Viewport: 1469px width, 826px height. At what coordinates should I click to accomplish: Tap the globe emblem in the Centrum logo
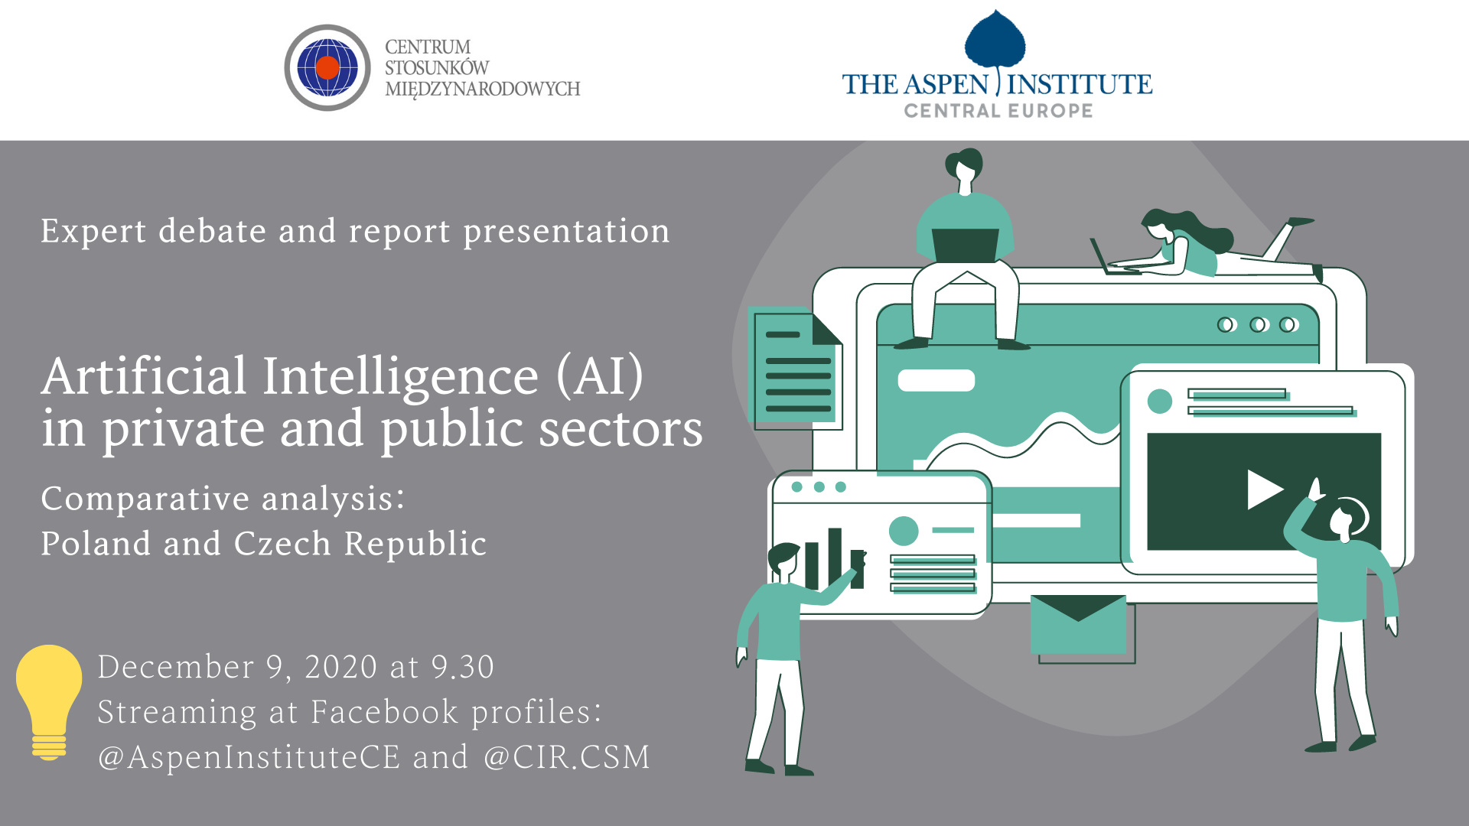[327, 67]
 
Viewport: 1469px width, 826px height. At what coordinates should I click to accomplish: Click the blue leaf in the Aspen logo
[995, 42]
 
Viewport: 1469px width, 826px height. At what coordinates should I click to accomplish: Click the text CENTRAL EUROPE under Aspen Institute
[998, 111]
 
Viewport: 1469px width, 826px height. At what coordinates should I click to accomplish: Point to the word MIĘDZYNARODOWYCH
[483, 89]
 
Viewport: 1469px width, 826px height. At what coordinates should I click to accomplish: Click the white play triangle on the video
[1265, 489]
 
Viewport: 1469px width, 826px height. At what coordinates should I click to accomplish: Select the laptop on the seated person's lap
[966, 245]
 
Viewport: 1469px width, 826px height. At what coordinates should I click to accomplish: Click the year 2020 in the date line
[341, 667]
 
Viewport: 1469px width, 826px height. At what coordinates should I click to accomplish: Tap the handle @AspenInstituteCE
[249, 758]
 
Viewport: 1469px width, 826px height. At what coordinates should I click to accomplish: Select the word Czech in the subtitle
[282, 544]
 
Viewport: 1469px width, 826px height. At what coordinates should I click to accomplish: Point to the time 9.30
[463, 667]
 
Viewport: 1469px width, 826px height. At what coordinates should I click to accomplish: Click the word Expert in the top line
[93, 232]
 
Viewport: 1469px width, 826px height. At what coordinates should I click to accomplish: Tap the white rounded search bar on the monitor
[936, 380]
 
